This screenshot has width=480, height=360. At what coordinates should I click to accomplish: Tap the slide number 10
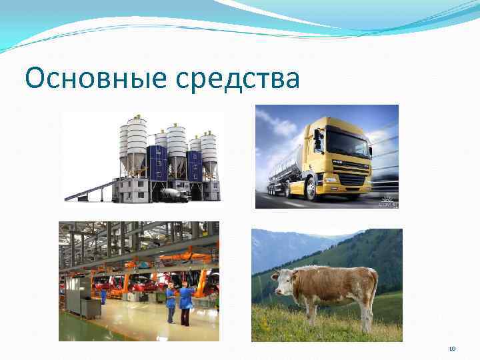tap(451, 349)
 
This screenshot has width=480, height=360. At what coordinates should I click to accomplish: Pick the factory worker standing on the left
tap(170, 302)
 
